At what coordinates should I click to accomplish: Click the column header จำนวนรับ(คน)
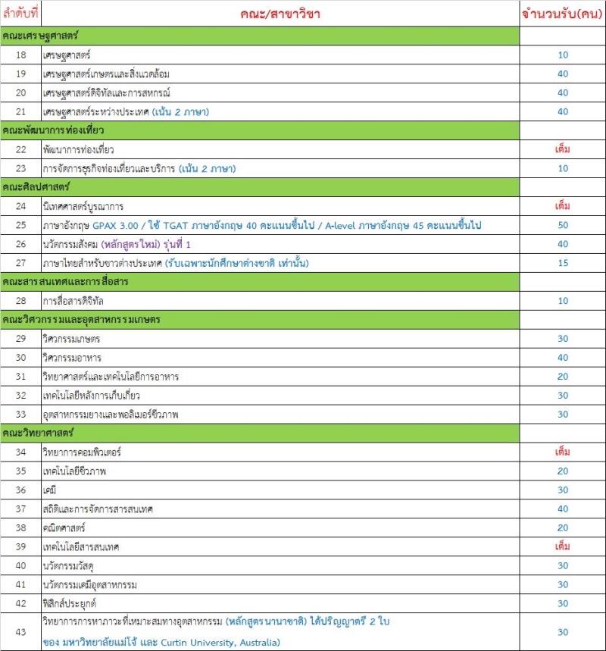(x=561, y=14)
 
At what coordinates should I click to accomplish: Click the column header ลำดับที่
(x=20, y=14)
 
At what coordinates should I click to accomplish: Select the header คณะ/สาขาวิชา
(x=281, y=14)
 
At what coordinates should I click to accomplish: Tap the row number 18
(x=20, y=55)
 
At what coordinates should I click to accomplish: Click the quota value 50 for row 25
(x=562, y=225)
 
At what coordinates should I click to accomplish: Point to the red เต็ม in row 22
(x=562, y=149)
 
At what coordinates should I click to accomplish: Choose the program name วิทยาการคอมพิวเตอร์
(x=83, y=452)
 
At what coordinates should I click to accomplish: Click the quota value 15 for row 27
(x=562, y=263)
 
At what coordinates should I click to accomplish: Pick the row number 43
(x=20, y=632)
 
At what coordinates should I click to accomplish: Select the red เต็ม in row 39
(x=562, y=547)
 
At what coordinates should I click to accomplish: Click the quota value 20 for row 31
(x=562, y=377)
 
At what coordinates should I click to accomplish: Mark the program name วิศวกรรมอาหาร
(x=72, y=358)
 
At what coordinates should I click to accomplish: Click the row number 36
(x=20, y=490)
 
